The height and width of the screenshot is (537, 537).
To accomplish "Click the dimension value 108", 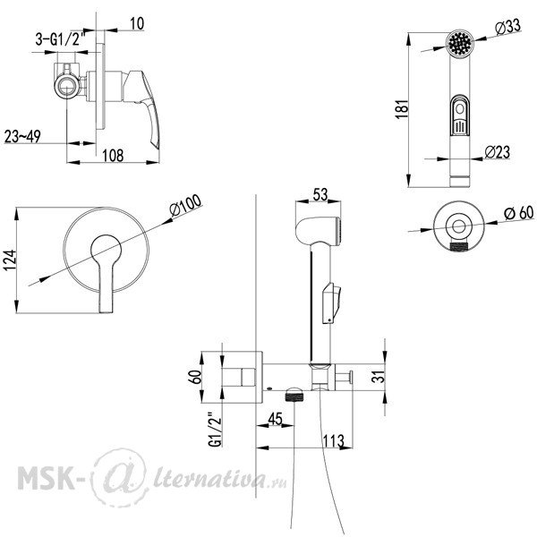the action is point(113,155).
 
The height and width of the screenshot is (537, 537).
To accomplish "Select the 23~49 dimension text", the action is point(23,136).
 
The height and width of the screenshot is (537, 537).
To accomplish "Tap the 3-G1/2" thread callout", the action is point(60,39).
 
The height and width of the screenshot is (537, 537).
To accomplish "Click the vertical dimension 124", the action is point(10,260).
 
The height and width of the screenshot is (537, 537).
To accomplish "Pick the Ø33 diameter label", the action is point(508,27).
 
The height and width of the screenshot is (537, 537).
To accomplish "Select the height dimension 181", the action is point(402,109).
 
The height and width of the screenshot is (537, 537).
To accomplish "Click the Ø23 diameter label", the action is point(498,152).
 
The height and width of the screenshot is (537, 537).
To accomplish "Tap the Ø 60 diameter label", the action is point(519,213).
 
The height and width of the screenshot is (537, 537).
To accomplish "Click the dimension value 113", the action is point(333,440).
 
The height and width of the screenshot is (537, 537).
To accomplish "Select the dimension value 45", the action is point(275,419).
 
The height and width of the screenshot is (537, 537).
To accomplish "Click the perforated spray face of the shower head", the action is point(460,42).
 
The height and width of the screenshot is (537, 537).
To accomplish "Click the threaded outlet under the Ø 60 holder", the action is point(459,246).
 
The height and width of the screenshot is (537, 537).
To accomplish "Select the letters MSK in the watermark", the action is point(46,477).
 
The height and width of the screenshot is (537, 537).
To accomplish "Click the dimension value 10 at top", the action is point(137,23).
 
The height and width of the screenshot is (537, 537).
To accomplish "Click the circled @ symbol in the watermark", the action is point(121,478).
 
